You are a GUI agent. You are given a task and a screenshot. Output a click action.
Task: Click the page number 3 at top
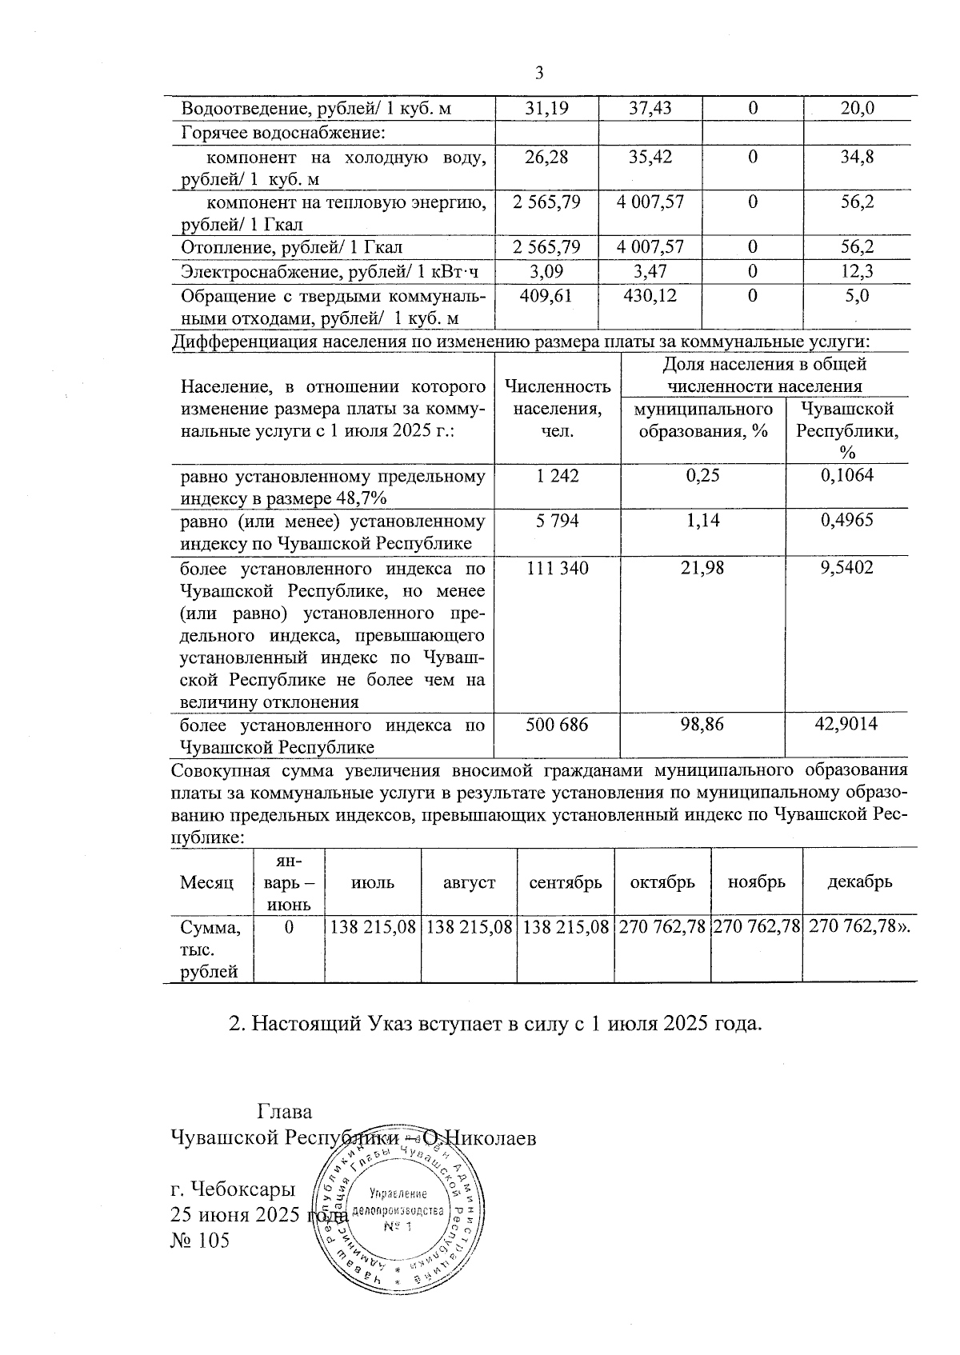[538, 74]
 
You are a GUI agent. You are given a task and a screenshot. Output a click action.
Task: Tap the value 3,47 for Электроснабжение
[650, 271]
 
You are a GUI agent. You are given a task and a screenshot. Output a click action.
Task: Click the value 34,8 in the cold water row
[857, 156]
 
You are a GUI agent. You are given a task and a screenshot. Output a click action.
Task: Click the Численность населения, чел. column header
[558, 409]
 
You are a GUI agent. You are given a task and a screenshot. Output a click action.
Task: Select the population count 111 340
[557, 568]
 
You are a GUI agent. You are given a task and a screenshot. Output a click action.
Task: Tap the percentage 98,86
[702, 725]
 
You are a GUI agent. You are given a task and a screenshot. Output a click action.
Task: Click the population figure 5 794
[557, 521]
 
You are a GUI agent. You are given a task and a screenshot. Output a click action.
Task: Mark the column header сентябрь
[565, 882]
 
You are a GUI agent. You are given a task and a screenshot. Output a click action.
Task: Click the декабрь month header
[859, 882]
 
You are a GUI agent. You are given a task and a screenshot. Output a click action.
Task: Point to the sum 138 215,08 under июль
[373, 927]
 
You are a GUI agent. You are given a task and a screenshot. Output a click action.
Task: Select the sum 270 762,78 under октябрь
[662, 927]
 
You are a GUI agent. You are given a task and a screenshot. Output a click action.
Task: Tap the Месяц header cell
[207, 882]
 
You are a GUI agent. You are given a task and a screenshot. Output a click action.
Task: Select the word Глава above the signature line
[284, 1112]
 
